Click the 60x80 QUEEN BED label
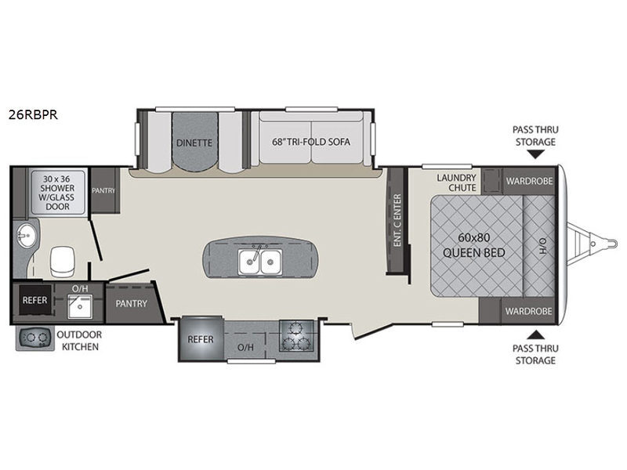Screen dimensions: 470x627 (474, 245)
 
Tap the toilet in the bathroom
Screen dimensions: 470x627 (61, 258)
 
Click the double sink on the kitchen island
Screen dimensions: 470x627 (260, 259)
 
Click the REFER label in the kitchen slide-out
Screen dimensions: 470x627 (201, 338)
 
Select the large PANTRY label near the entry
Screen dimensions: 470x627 (131, 303)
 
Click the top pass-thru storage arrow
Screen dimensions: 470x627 (535, 157)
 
